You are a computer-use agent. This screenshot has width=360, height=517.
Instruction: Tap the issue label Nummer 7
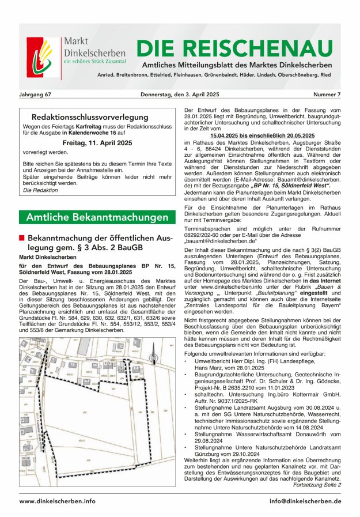pos(327,93)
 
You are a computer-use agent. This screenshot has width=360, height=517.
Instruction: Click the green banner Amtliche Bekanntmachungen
pos(96,217)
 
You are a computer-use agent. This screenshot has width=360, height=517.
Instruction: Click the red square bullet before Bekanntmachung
pos(22,237)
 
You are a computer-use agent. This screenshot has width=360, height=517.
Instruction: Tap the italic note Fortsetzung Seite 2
pos(317,485)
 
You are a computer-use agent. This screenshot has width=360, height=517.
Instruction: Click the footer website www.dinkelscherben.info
pos(58,501)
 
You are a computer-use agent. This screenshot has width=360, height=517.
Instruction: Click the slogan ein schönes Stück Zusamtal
pos(95,61)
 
